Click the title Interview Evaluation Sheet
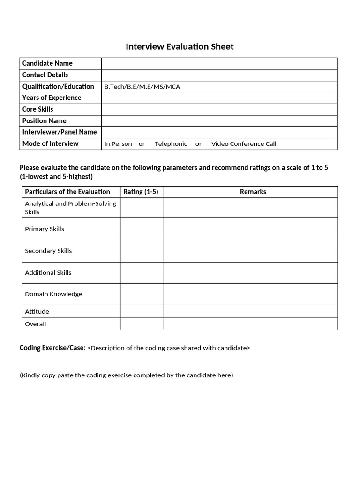tap(180, 46)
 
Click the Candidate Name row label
tap(47, 63)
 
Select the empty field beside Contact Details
tap(219, 75)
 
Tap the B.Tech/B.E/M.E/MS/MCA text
tap(142, 87)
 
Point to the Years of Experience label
tap(52, 97)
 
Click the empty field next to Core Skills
tap(219, 109)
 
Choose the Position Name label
tap(44, 120)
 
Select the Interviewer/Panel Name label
tap(60, 132)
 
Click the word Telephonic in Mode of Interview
tap(171, 144)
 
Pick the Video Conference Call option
tap(244, 144)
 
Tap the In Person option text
tap(118, 144)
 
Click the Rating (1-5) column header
tap(141, 192)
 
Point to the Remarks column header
tap(253, 192)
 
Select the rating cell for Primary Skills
tap(141, 229)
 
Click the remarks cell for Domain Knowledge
tap(250, 294)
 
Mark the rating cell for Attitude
tap(141, 311)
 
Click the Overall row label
tap(36, 324)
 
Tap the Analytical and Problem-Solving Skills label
tap(70, 207)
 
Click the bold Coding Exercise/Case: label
tap(52, 348)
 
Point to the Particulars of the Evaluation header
tap(67, 192)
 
